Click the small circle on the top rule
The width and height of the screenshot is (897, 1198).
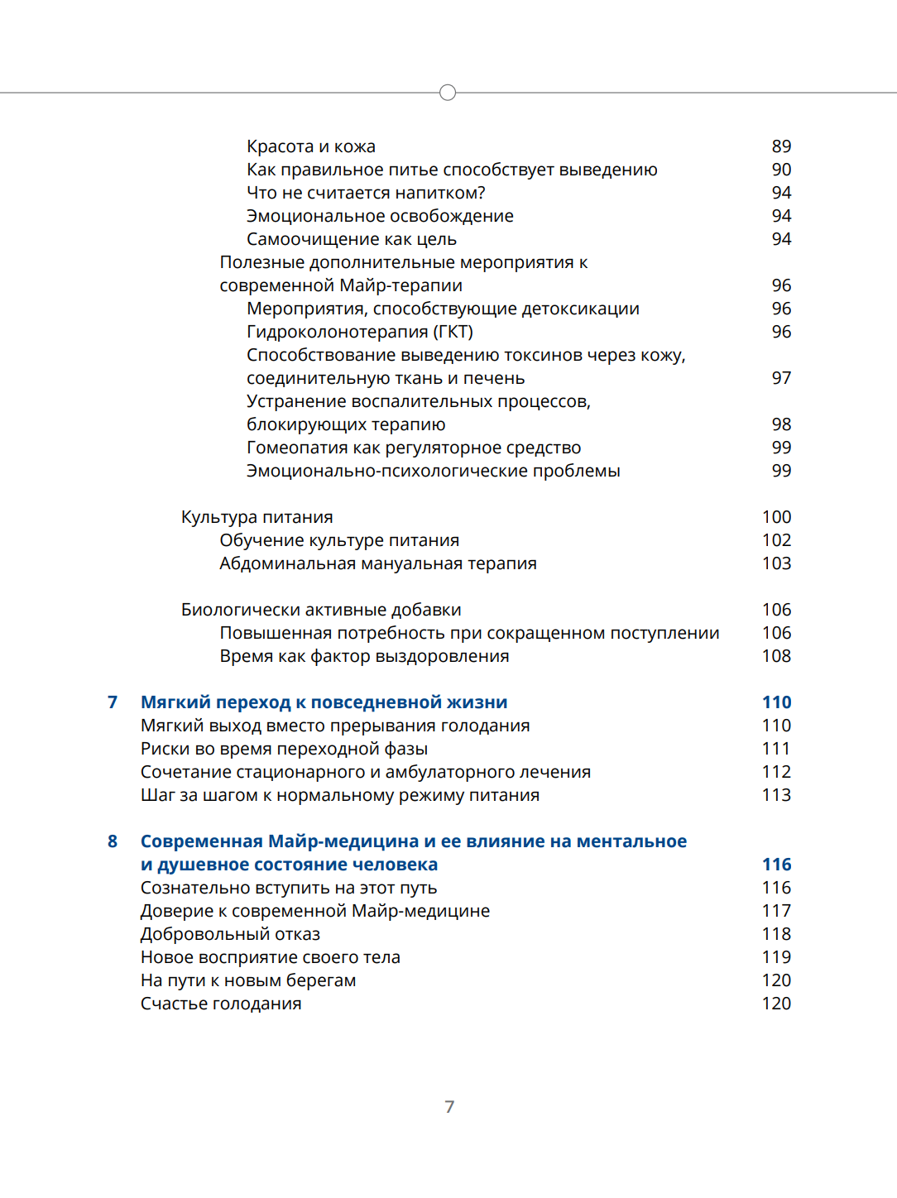(448, 93)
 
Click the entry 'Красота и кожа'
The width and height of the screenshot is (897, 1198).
(311, 146)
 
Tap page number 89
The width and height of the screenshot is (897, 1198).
(781, 146)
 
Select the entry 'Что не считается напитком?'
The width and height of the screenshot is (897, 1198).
(366, 193)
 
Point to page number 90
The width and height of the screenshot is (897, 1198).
(781, 170)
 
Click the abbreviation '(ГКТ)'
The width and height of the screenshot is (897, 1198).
(453, 332)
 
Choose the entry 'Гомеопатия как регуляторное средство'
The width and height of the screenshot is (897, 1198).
(414, 448)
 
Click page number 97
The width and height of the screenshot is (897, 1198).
(781, 378)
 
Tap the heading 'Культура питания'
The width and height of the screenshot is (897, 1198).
(257, 517)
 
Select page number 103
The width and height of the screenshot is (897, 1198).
(776, 563)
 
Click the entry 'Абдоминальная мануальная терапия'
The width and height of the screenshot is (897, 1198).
(378, 563)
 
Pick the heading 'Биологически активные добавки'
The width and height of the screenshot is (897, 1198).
(321, 610)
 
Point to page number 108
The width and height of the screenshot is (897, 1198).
(776, 656)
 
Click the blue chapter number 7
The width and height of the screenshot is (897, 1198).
(113, 702)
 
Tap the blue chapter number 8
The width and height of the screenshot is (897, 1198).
(113, 841)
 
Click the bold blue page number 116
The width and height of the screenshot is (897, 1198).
(776, 865)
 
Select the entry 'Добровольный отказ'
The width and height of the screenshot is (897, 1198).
(230, 934)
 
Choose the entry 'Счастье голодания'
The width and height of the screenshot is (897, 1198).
(221, 1004)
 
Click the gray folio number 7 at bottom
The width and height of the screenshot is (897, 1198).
(449, 1107)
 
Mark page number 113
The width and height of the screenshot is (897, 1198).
(776, 795)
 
